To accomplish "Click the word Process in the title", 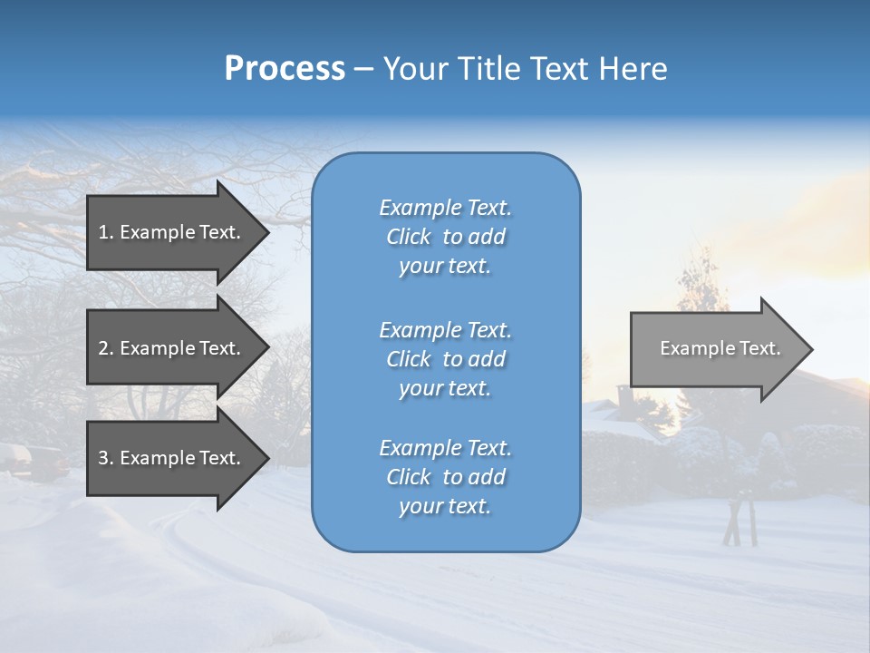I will [285, 69].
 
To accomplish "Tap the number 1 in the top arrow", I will [103, 232].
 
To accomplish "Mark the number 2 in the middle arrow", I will [103, 348].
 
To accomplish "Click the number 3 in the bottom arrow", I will [103, 458].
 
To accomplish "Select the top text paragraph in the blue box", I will [445, 237].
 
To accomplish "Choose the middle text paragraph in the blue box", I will [445, 358].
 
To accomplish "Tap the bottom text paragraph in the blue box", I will [445, 477].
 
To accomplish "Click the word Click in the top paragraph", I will [409, 237].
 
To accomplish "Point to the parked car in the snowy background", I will [32, 461].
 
